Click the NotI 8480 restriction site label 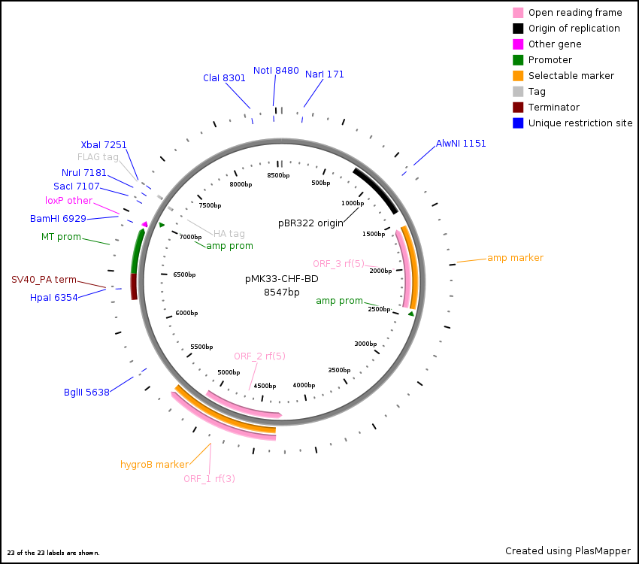(x=276, y=71)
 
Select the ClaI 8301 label (x=224, y=78)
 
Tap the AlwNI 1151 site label (x=461, y=144)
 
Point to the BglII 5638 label (x=86, y=393)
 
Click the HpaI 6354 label (x=53, y=298)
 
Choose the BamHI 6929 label (x=58, y=219)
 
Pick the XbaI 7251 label (x=104, y=145)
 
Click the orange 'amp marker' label (x=515, y=258)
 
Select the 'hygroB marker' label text (x=154, y=465)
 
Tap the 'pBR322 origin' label (x=310, y=223)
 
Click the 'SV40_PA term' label (x=44, y=280)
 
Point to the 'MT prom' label (x=61, y=237)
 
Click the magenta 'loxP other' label (x=68, y=201)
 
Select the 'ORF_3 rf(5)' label (x=338, y=263)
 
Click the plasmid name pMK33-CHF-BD (x=282, y=279)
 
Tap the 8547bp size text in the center (x=282, y=293)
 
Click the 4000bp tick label (x=304, y=385)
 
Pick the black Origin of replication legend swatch (x=518, y=29)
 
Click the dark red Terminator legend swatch (x=518, y=108)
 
